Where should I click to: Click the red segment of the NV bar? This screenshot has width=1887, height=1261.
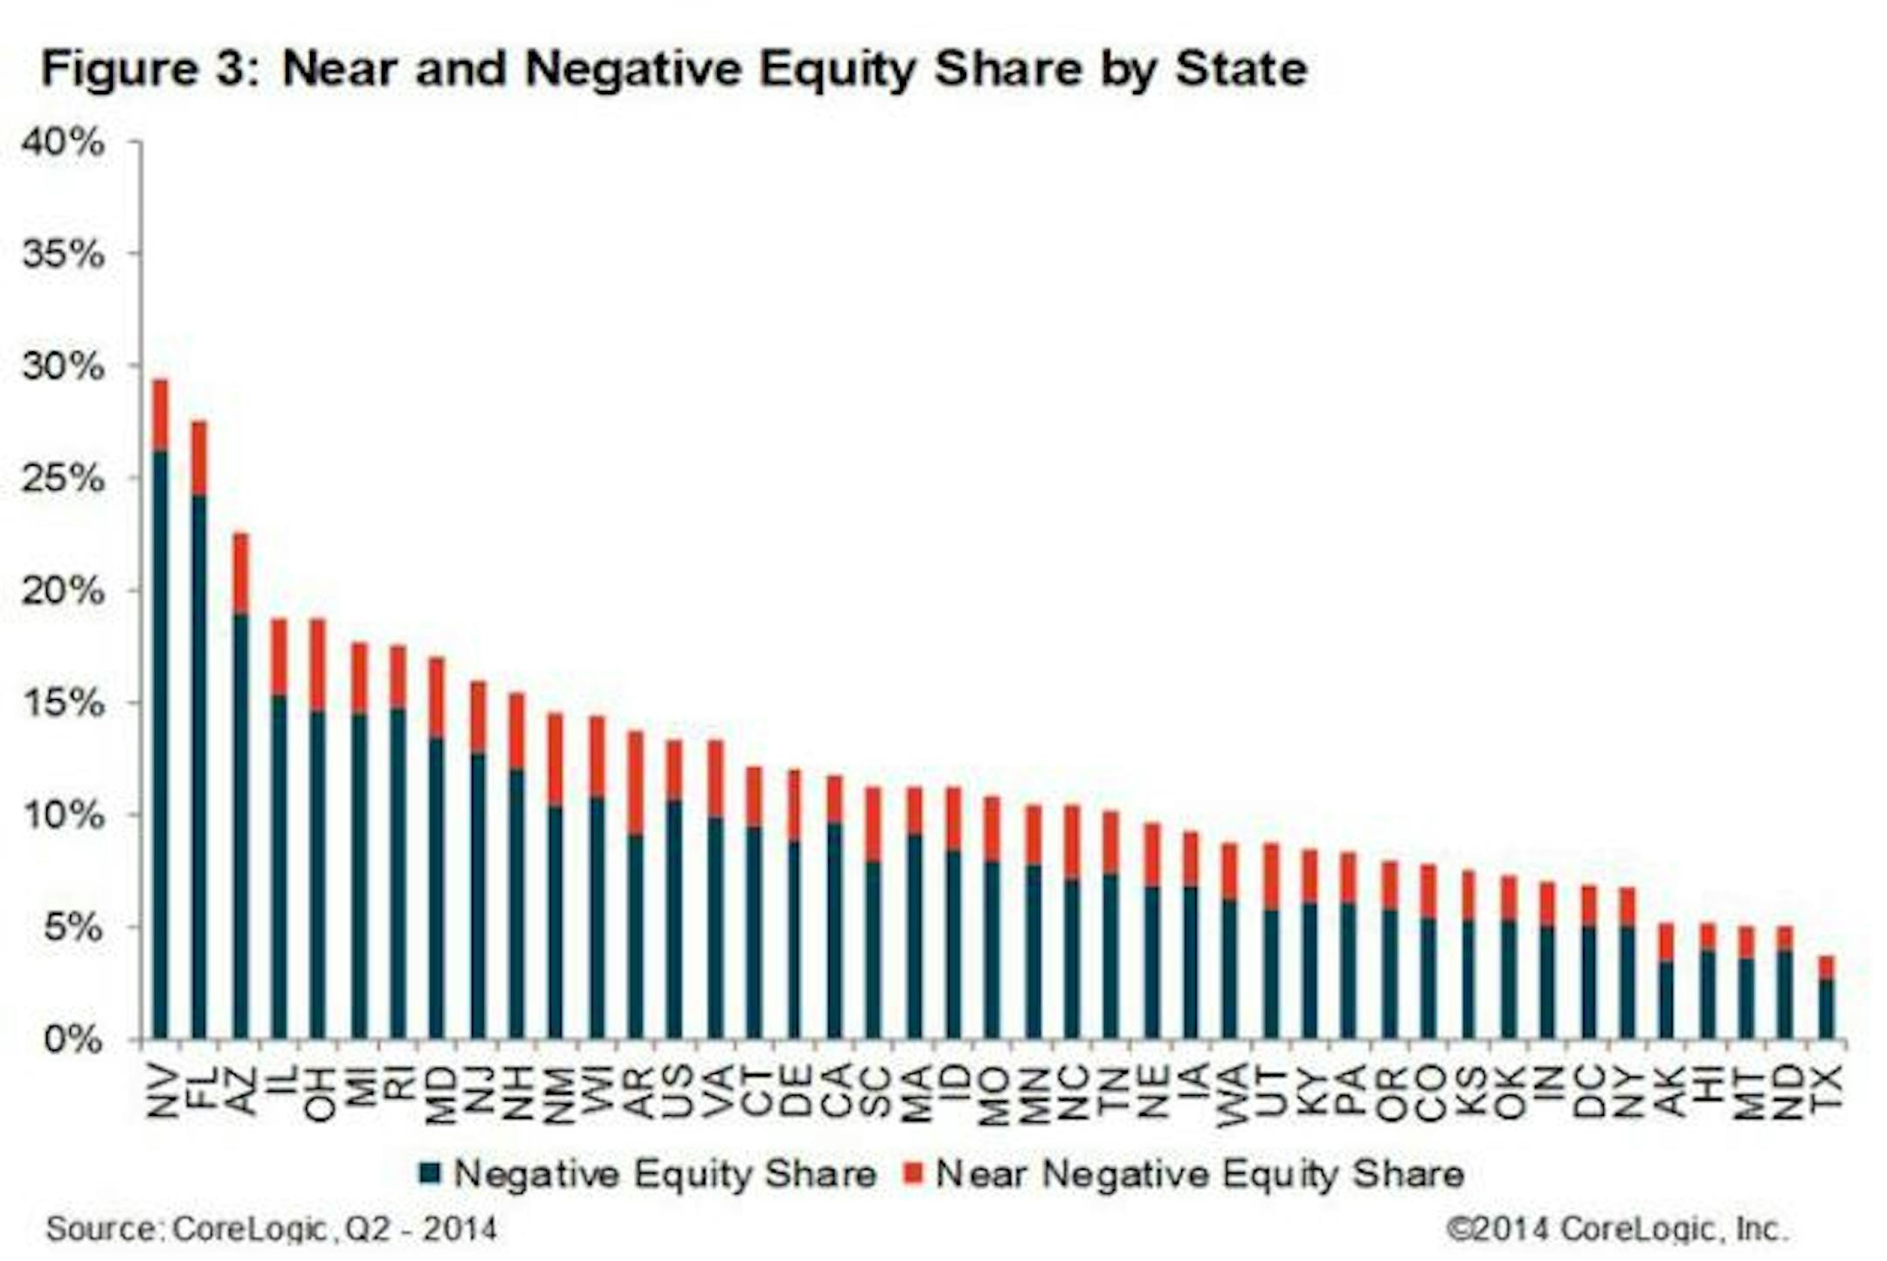tap(160, 415)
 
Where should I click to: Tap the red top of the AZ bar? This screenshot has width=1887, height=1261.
tap(239, 572)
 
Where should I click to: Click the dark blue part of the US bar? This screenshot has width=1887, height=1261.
tap(674, 918)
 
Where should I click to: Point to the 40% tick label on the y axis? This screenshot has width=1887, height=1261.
tap(63, 142)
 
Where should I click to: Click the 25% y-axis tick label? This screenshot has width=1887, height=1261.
tap(63, 479)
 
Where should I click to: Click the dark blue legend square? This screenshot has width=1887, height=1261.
tap(428, 1173)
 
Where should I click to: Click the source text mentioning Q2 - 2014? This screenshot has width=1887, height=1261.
tap(271, 1229)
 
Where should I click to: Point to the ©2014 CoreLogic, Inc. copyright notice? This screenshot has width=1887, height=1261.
tap(1616, 1229)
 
